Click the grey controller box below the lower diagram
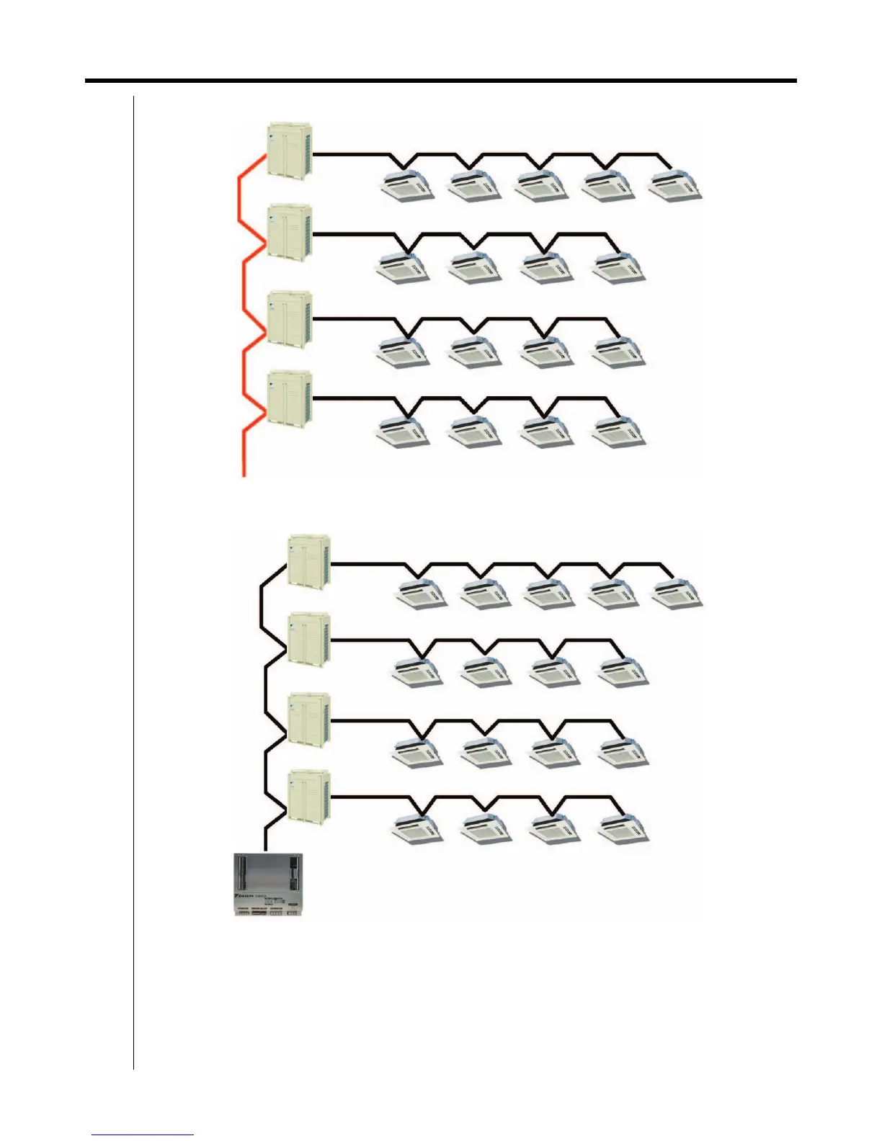point(268,885)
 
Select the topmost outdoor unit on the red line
point(289,151)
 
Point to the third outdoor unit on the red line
point(289,317)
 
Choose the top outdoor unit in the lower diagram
point(309,561)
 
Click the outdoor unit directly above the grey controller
point(309,796)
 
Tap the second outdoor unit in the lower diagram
point(309,638)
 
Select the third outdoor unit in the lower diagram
point(309,718)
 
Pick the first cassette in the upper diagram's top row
point(407,186)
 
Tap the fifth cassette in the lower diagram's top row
point(677,594)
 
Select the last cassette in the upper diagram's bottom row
point(619,432)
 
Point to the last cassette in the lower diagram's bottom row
point(624,828)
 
